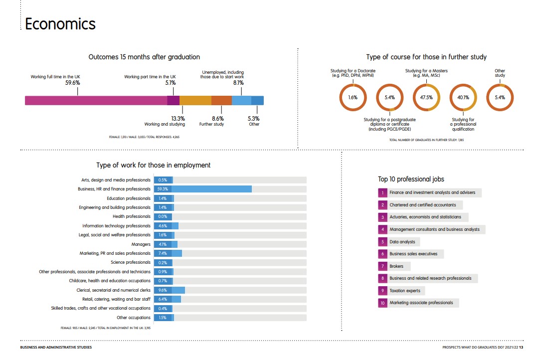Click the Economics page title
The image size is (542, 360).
pyautogui.click(x=60, y=24)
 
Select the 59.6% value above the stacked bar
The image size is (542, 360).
pyautogui.click(x=73, y=83)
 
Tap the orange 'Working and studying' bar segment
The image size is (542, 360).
pyautogui.click(x=195, y=100)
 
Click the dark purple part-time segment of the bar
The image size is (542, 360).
pyautogui.click(x=173, y=100)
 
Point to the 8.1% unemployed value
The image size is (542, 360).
pyautogui.click(x=238, y=83)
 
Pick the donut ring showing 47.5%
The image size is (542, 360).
pyautogui.click(x=426, y=97)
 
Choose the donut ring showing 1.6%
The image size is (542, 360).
pyautogui.click(x=353, y=97)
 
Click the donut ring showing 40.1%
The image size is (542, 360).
pyautogui.click(x=463, y=97)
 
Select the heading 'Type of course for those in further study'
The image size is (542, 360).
pyautogui.click(x=426, y=57)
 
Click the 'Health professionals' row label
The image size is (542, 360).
pyautogui.click(x=131, y=216)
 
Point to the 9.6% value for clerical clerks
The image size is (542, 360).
pyautogui.click(x=163, y=290)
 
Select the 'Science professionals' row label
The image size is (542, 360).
pyautogui.click(x=130, y=262)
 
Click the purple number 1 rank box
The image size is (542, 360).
pyautogui.click(x=382, y=192)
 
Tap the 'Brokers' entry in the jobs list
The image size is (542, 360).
pyautogui.click(x=397, y=266)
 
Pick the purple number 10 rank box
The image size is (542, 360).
pyautogui.click(x=382, y=303)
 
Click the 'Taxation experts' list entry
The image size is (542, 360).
pyautogui.click(x=405, y=291)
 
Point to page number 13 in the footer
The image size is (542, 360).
pyautogui.click(x=521, y=347)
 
